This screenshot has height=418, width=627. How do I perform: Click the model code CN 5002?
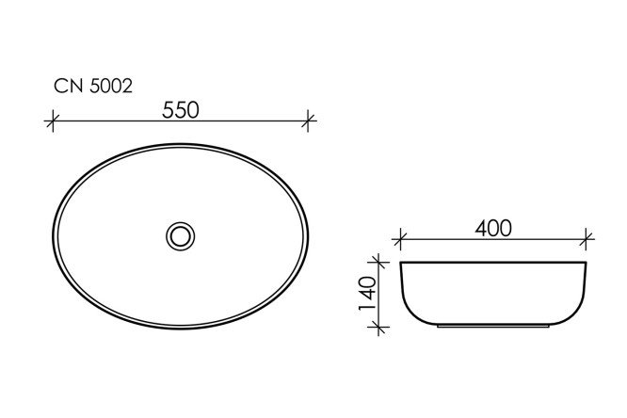[92, 86]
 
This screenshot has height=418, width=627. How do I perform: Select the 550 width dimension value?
[180, 109]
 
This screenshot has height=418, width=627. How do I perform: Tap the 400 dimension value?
[493, 229]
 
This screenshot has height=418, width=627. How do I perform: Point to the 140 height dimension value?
[368, 294]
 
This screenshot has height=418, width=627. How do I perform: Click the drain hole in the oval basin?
[179, 234]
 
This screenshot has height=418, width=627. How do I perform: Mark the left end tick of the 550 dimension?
[54, 121]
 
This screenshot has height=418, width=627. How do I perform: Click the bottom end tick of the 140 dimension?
[379, 327]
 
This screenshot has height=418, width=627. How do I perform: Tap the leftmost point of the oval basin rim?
[54, 234]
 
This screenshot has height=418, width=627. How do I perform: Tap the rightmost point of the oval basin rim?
[309, 234]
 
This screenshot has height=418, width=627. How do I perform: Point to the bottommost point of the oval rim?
[181, 329]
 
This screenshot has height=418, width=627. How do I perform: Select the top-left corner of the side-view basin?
[402, 263]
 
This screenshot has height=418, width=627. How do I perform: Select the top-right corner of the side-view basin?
[587, 263]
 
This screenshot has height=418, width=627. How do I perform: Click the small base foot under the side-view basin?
[494, 329]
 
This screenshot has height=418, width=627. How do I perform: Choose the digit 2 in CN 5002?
[126, 86]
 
